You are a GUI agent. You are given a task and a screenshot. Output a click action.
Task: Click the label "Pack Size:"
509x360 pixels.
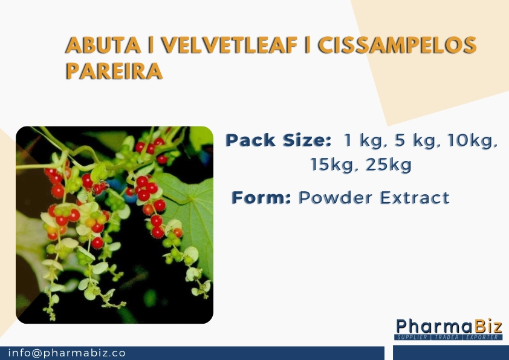(278, 142)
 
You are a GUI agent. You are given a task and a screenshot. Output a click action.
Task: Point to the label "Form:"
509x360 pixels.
(262, 197)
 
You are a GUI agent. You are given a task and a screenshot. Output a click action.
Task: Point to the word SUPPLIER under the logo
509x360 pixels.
(413, 336)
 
